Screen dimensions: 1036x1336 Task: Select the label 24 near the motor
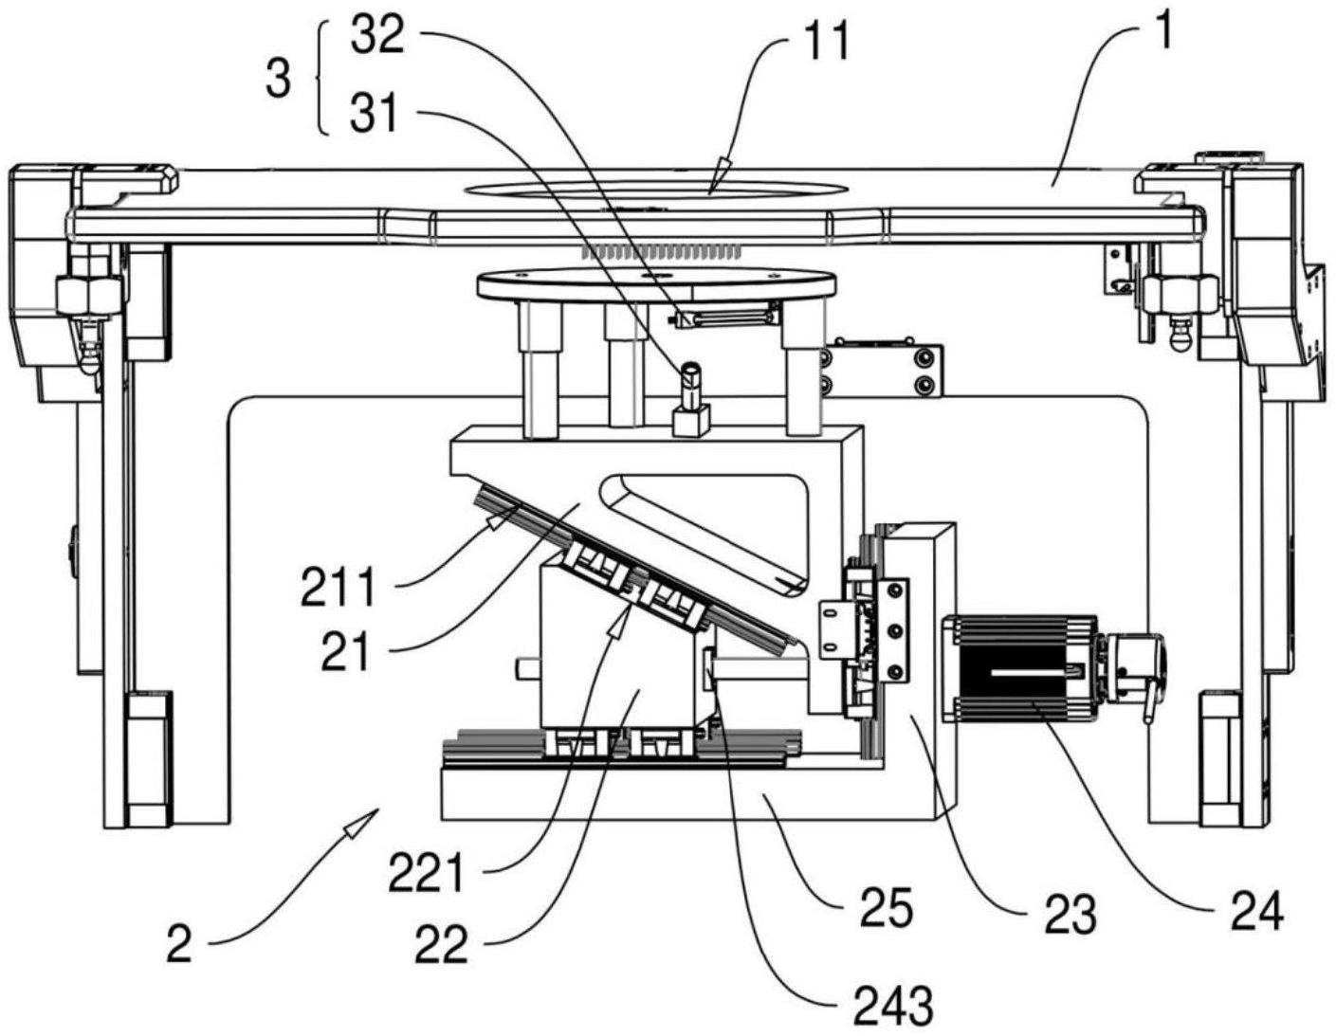coord(1256,910)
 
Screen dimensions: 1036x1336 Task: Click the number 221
coord(426,872)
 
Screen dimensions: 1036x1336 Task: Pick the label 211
coord(339,589)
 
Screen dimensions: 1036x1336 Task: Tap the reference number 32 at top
coord(377,37)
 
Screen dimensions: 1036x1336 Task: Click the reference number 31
coord(375,116)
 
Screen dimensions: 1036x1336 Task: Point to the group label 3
coord(278,79)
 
